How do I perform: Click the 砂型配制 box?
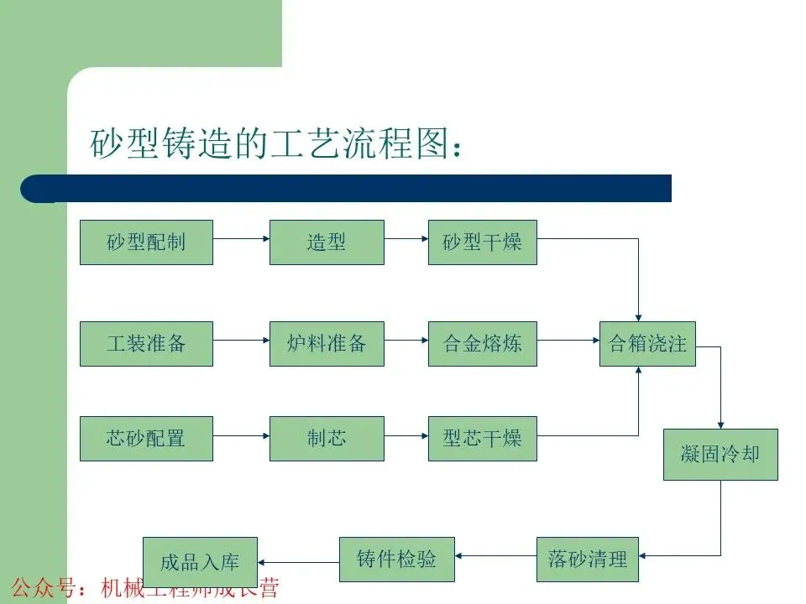pyautogui.click(x=146, y=242)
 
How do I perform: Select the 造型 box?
pyautogui.click(x=327, y=242)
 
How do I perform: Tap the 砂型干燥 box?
pyautogui.click(x=482, y=242)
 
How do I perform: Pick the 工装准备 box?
pyautogui.click(x=146, y=343)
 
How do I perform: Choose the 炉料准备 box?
pyautogui.click(x=327, y=343)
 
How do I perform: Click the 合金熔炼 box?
pyautogui.click(x=482, y=343)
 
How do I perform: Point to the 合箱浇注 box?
pyautogui.click(x=647, y=343)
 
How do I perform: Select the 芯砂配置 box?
pyautogui.click(x=146, y=438)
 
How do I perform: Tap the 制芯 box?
pyautogui.click(x=327, y=438)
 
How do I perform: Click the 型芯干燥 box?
pyautogui.click(x=482, y=438)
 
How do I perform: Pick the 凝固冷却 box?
pyautogui.click(x=720, y=454)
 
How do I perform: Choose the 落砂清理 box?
pyautogui.click(x=587, y=559)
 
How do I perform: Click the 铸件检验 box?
pyautogui.click(x=396, y=559)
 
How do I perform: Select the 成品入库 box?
pyautogui.click(x=199, y=561)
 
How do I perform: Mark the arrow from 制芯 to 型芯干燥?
pyautogui.click(x=406, y=435)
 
